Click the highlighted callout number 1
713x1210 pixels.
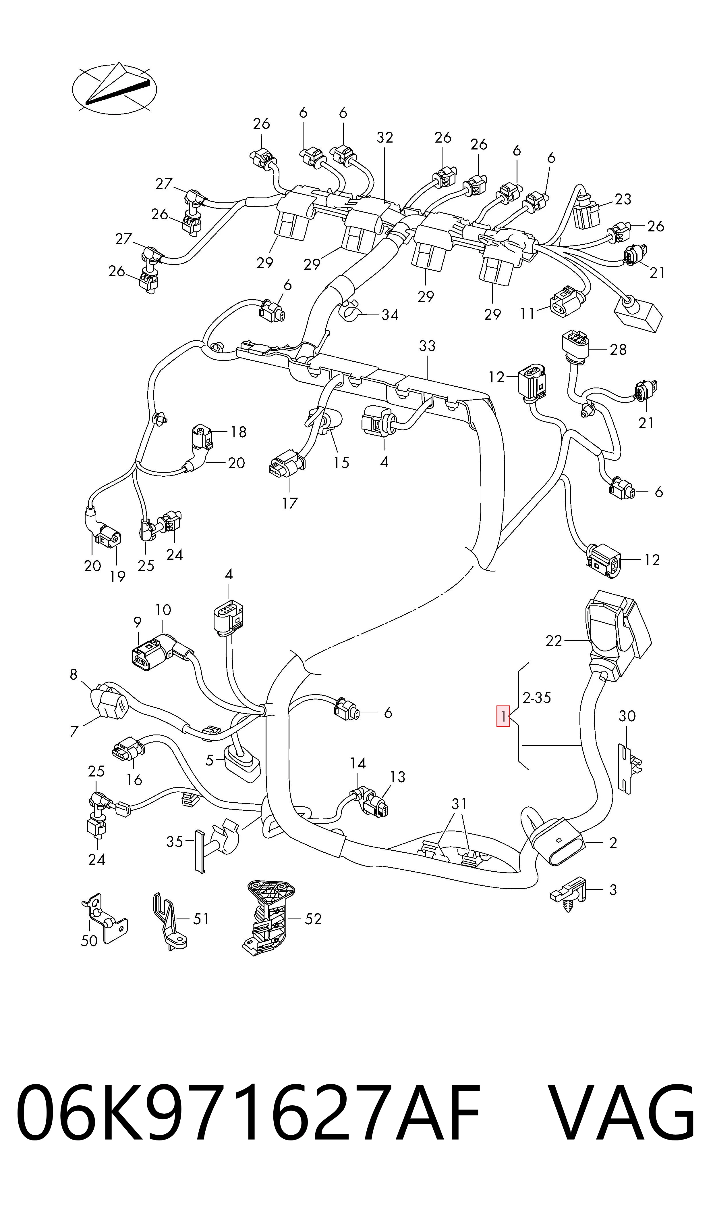pyautogui.click(x=503, y=716)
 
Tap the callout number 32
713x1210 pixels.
pyautogui.click(x=385, y=137)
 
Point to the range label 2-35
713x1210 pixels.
pyautogui.click(x=537, y=698)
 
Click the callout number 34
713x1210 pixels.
pyautogui.click(x=390, y=315)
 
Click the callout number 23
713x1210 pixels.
pyautogui.click(x=623, y=199)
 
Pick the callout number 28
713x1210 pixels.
pyautogui.click(x=618, y=350)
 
